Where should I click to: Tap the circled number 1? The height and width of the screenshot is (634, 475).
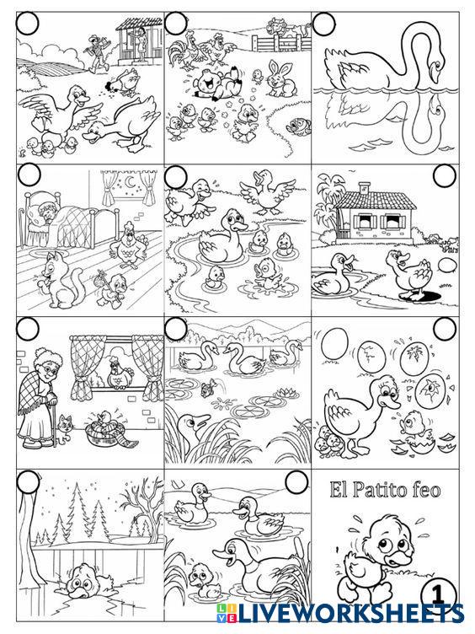(438, 595)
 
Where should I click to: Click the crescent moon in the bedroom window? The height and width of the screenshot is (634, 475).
(131, 183)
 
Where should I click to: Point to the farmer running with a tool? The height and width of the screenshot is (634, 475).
(99, 51)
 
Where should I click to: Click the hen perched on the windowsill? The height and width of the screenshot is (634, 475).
(119, 373)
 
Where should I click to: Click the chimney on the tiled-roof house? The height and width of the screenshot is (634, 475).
(365, 188)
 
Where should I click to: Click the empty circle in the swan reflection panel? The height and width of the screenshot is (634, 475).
(324, 24)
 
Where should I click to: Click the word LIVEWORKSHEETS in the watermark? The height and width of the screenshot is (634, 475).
(350, 614)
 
